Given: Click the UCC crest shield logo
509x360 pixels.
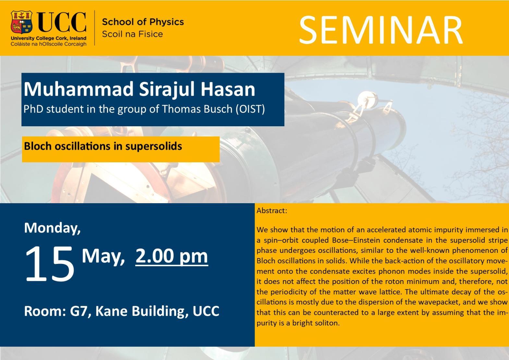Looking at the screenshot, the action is point(21,22).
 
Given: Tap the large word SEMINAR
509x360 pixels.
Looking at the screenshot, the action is point(381,30).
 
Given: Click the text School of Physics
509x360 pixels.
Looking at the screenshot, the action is point(143,22).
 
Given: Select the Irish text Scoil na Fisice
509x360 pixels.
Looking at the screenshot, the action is point(132,34).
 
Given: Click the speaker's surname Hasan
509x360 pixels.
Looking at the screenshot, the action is point(228,89).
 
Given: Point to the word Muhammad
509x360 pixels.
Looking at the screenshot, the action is point(79,89).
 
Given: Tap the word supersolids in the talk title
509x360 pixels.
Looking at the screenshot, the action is point(154,146).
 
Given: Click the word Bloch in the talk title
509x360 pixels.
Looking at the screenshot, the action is point(38,146).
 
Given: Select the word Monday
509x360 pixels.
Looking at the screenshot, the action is point(53,228).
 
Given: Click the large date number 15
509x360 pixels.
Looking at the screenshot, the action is point(50,264).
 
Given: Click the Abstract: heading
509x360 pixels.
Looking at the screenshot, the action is point(272,211).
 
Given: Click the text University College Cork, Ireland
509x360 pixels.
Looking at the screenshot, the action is point(49,38).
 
